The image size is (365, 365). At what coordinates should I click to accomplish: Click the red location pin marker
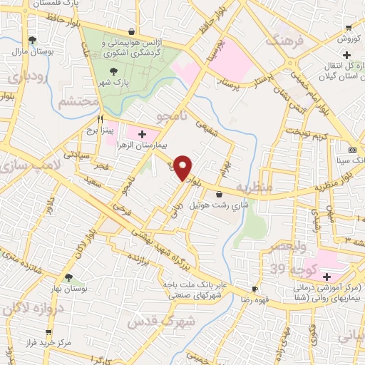184,168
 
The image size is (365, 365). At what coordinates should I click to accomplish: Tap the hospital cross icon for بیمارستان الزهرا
141,133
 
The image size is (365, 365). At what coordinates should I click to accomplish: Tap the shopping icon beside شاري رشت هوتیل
218,194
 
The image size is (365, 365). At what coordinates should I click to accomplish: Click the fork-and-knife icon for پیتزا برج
101,120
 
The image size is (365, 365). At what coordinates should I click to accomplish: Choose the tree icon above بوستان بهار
68,277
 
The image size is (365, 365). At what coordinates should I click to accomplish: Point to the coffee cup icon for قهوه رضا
254,288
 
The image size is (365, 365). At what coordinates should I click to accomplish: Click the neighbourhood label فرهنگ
285,40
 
